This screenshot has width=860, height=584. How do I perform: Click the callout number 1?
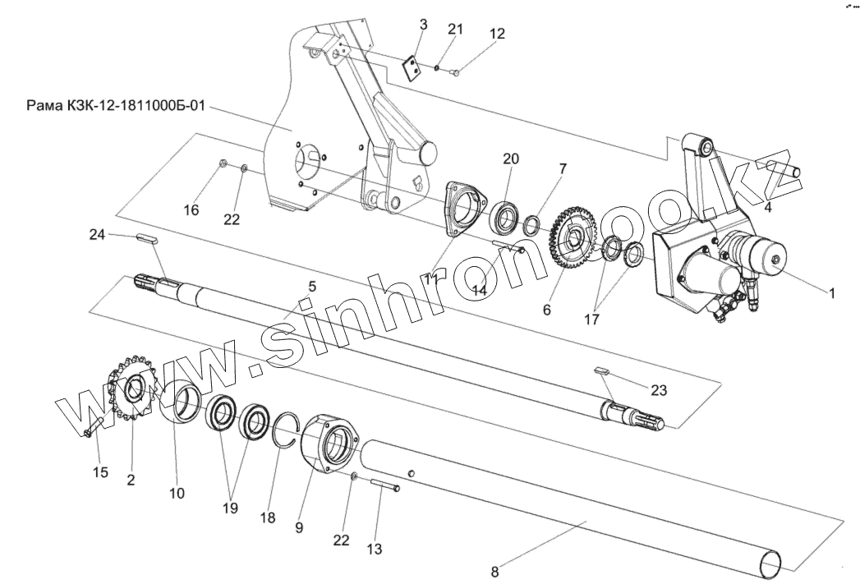(831, 292)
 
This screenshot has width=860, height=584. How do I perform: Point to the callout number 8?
(494, 568)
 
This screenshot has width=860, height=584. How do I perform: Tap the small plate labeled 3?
(413, 66)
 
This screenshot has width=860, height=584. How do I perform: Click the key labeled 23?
(602, 372)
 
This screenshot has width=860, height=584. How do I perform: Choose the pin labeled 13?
(385, 485)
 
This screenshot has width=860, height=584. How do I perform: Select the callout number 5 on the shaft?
(311, 286)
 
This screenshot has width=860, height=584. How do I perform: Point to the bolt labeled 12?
(457, 74)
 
